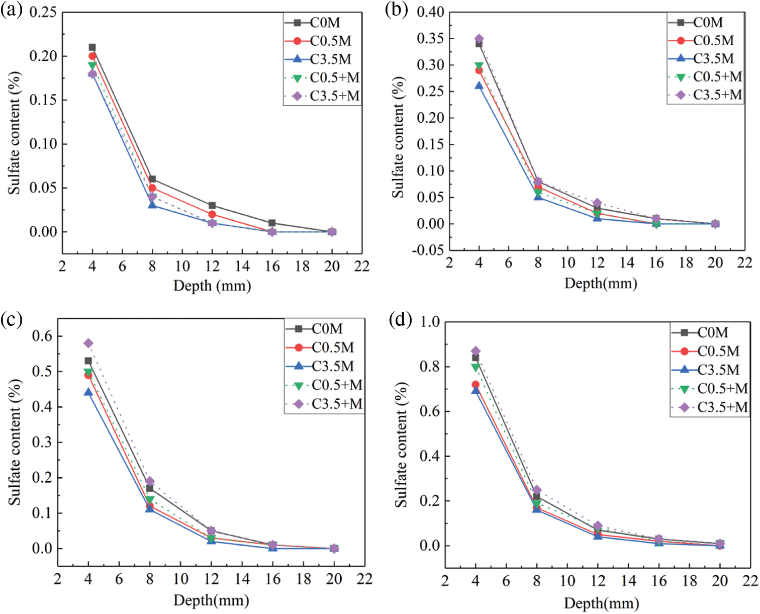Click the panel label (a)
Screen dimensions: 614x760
[11, 10]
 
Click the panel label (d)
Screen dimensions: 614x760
[400, 320]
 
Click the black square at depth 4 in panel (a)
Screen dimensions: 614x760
[92, 47]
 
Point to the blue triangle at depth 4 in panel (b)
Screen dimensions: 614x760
[479, 86]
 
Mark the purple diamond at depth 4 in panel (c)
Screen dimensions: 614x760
[88, 343]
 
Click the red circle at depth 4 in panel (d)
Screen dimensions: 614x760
[476, 385]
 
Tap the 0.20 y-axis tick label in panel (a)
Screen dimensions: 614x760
[43, 56]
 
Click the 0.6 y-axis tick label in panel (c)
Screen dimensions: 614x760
[42, 336]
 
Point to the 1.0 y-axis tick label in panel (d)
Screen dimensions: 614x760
[430, 321]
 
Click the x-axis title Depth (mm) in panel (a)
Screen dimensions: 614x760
[212, 286]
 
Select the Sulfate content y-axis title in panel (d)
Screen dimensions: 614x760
[401, 445]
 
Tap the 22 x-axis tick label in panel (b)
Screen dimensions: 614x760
[745, 262]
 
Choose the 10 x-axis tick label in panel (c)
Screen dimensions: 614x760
[180, 579]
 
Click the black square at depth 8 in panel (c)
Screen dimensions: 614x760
[150, 488]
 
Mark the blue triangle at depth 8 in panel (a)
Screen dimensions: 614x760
[152, 205]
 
